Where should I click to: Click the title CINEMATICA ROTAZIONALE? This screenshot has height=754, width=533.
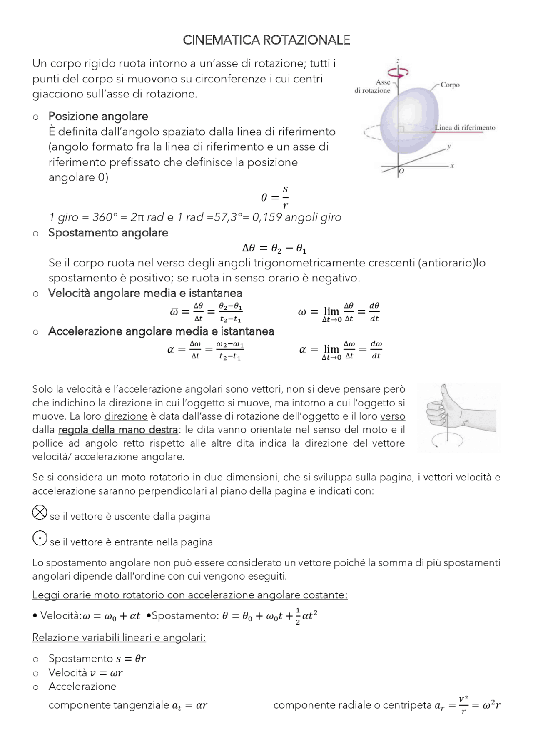[266, 40]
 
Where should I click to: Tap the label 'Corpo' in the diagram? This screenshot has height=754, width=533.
[450, 85]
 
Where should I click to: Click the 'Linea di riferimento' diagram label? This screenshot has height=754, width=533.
[465, 128]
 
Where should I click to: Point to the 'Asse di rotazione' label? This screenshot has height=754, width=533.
[373, 86]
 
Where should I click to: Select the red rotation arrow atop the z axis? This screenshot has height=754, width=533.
[398, 72]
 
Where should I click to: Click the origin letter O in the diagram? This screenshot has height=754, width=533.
[401, 171]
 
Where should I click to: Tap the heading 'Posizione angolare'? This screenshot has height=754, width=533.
[98, 116]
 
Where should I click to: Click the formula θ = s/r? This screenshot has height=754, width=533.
[275, 198]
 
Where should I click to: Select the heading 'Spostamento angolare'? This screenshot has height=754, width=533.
[108, 233]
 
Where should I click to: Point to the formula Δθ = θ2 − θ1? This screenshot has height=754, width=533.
[274, 249]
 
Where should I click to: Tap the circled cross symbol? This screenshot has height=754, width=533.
[40, 512]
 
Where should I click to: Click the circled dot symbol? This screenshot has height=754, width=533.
[40, 538]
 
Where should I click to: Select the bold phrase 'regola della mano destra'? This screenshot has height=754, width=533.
[118, 430]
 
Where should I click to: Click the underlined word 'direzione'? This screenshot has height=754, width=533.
[126, 416]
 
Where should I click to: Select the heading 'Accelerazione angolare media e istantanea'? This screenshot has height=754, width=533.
[161, 331]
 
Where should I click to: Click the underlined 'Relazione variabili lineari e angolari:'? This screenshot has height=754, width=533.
[119, 637]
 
